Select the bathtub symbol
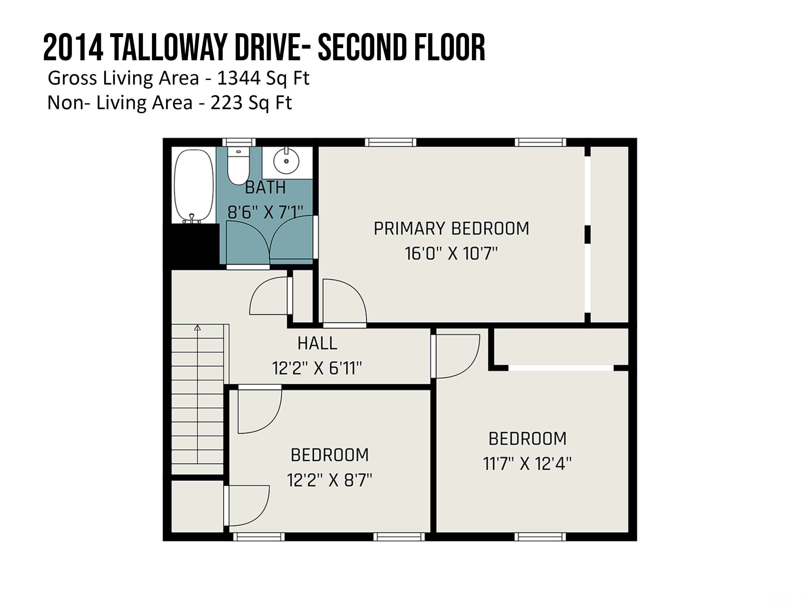pos(193,185)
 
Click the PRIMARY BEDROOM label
pos(451,229)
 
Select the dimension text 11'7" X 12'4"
pos(527,464)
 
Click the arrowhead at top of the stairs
pos(197,328)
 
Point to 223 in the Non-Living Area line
pos(226,103)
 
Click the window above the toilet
pos(239,142)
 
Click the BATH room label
pos(265,188)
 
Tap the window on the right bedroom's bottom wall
pos(540,537)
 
